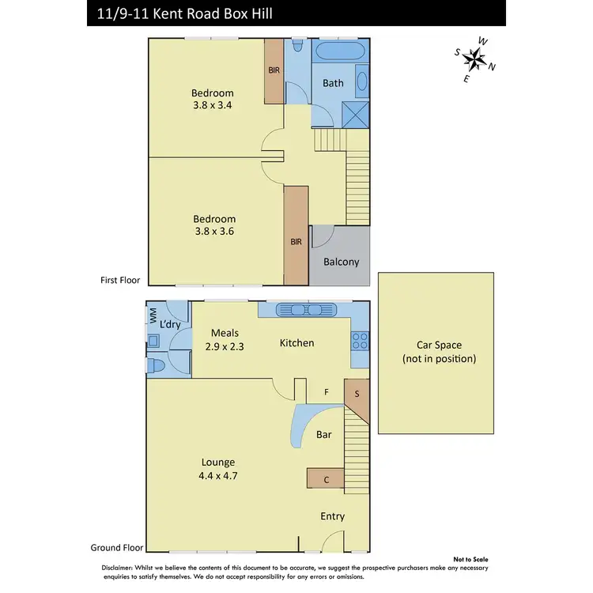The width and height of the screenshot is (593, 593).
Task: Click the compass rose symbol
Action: point(474,57)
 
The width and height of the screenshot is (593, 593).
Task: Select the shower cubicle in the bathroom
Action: point(357,114)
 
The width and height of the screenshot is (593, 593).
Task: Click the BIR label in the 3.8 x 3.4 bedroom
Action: point(274,70)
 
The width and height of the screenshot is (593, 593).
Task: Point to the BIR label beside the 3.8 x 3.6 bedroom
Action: point(296,242)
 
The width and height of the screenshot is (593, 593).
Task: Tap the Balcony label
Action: point(342,262)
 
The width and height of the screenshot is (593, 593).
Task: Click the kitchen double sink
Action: point(304,312)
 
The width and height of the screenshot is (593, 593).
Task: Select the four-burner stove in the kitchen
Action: point(360,341)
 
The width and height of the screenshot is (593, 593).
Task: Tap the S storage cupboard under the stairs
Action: point(357,394)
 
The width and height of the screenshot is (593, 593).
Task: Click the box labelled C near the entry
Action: point(326,478)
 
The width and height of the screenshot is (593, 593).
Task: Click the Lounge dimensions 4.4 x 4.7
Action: point(217,475)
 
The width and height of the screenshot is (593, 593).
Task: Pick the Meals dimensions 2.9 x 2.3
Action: point(225,346)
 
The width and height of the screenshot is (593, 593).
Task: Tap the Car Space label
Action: point(438,351)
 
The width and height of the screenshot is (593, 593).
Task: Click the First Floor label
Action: point(120,280)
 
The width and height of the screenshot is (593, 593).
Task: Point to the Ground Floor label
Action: point(116,547)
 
